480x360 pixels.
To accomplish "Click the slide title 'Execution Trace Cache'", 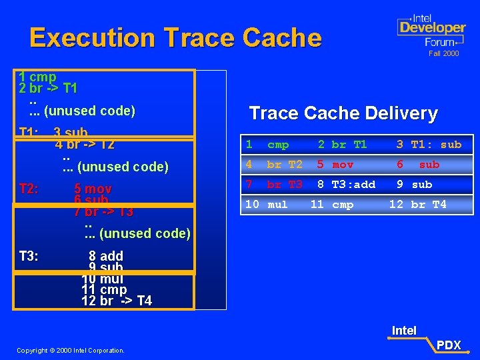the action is point(175,38).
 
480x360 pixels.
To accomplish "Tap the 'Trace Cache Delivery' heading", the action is point(343,113).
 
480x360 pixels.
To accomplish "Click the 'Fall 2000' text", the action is point(443,53).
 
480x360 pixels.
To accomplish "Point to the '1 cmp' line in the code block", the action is point(38,77).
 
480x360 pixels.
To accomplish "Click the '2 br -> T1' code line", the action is point(49,89).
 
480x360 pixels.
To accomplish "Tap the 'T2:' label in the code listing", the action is point(28,189).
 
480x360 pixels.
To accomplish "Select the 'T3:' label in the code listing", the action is point(28,256).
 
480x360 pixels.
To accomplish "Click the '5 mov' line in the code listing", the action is point(93,189).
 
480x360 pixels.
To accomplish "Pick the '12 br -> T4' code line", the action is point(117,301).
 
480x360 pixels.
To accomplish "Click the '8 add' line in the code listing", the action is point(106,256).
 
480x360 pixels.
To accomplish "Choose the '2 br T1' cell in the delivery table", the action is point(342,145).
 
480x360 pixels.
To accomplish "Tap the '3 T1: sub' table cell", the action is point(429,145).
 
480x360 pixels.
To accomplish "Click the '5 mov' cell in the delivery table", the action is point(335,165).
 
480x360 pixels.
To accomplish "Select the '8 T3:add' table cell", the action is point(346,185).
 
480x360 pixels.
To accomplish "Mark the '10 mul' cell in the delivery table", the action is point(266,205).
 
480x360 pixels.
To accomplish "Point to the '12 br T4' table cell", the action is point(417,205).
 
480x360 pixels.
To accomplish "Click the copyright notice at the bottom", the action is point(71,350).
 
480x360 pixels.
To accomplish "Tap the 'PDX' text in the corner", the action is point(448,345).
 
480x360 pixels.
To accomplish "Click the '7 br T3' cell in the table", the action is point(274,185).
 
